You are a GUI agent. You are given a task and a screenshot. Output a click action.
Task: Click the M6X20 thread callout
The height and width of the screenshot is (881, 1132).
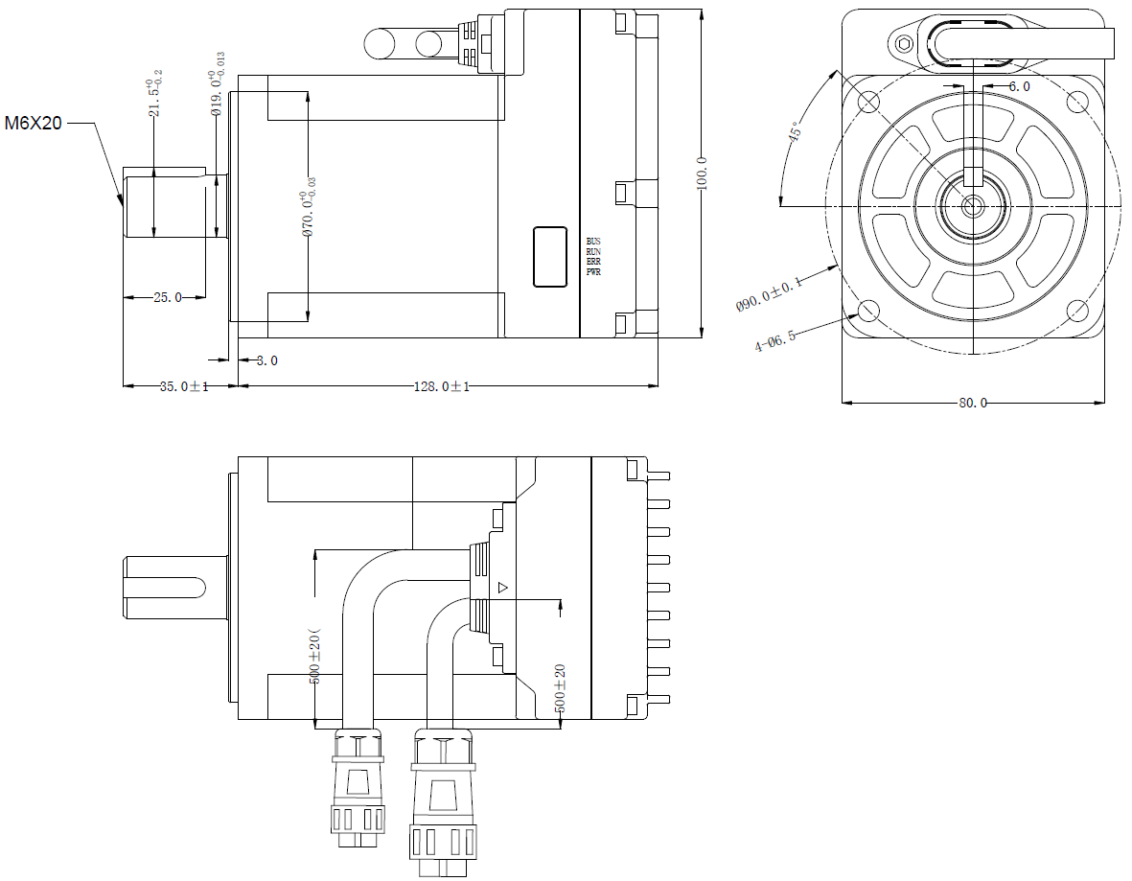coord(34,124)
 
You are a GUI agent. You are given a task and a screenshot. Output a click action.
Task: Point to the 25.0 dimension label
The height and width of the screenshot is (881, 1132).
coord(167,298)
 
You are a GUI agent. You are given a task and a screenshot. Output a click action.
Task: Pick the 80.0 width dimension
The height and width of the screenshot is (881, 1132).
coord(972,403)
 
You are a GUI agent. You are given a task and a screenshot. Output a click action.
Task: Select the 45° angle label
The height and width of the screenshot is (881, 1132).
coord(795,132)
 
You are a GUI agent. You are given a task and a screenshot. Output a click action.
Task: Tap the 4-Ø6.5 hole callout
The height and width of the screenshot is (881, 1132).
coord(776,339)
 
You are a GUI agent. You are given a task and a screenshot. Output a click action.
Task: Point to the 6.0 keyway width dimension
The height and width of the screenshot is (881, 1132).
coord(1019,86)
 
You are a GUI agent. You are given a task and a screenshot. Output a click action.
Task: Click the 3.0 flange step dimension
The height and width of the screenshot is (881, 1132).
coord(267,361)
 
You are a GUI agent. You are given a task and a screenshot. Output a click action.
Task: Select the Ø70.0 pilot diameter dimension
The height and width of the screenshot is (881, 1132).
coord(309,206)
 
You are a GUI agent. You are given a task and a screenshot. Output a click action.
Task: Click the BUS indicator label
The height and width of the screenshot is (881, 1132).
coord(593,241)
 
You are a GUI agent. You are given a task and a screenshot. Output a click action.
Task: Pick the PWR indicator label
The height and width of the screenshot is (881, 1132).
coord(593,272)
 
